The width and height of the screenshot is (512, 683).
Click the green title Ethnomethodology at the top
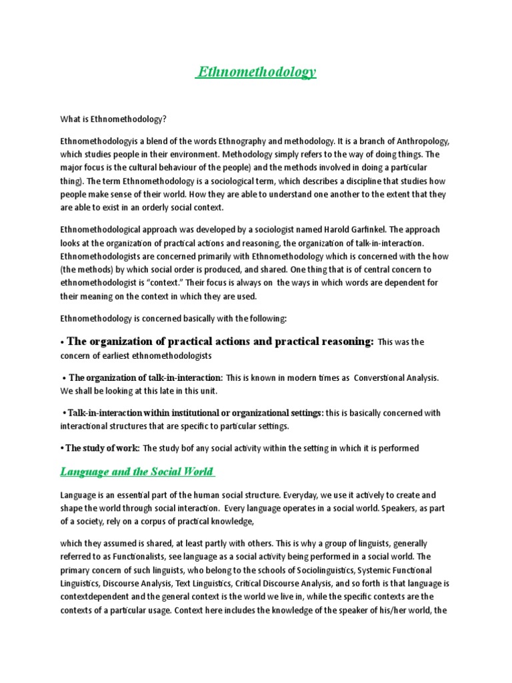click(x=256, y=73)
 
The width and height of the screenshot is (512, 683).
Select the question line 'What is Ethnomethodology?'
click(x=113, y=119)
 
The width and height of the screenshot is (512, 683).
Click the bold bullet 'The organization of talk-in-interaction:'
click(x=146, y=378)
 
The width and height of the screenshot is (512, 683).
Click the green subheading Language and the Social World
click(x=137, y=472)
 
